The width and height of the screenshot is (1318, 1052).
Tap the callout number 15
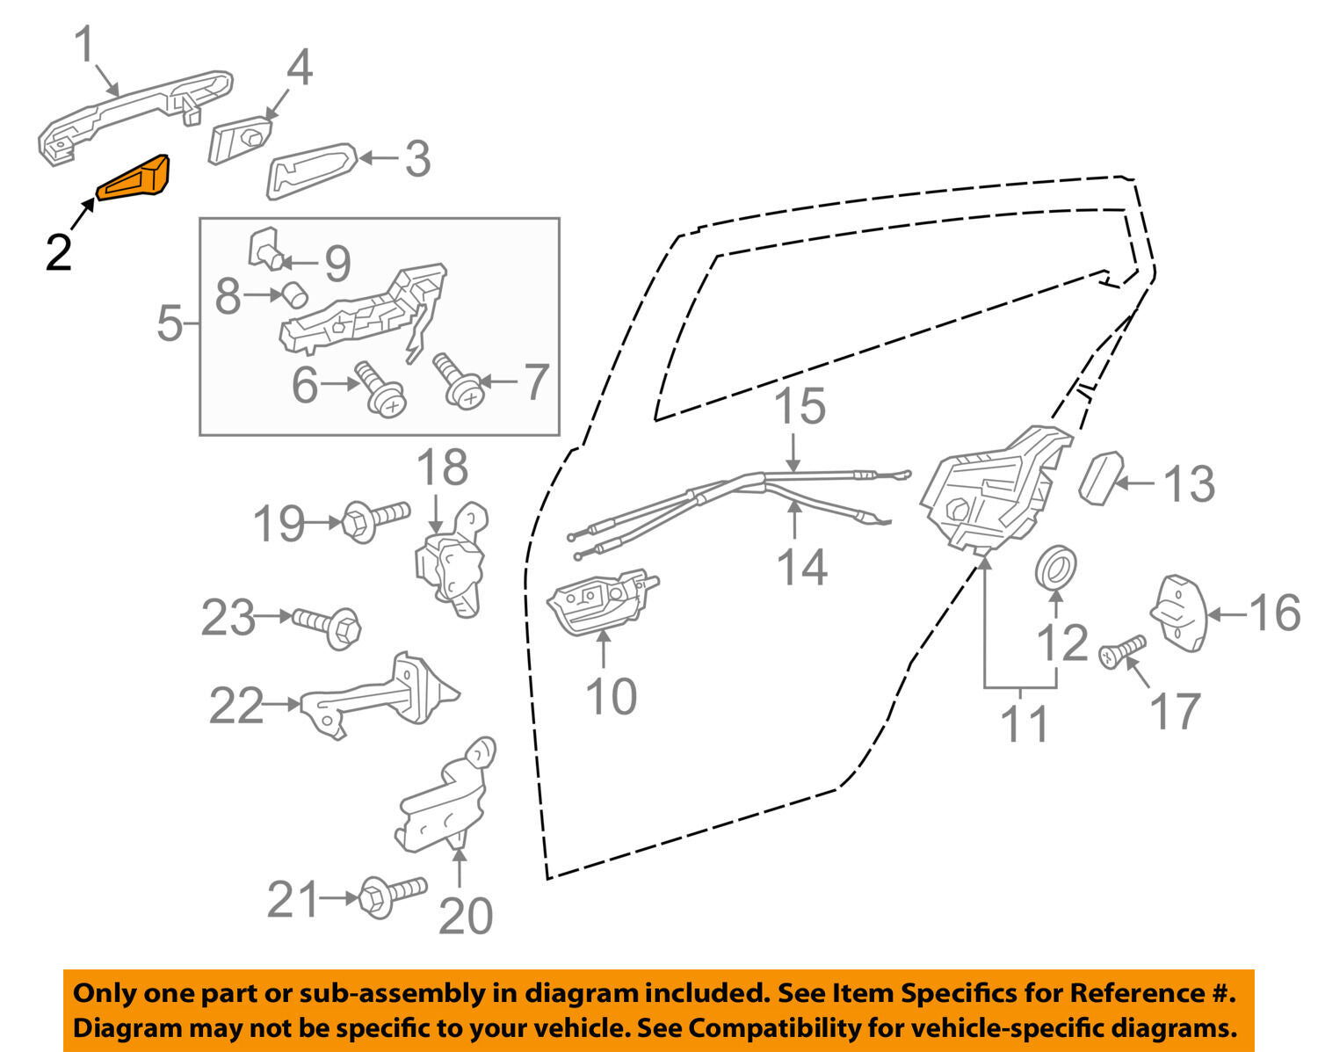click(800, 406)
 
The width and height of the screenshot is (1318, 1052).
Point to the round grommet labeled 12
click(1054, 567)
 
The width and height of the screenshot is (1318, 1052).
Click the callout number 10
click(611, 697)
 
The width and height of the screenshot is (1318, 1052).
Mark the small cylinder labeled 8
click(293, 293)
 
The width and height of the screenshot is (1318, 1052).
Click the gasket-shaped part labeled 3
click(310, 171)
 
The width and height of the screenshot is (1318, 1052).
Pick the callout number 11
click(1025, 725)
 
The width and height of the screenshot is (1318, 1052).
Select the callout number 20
click(465, 916)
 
